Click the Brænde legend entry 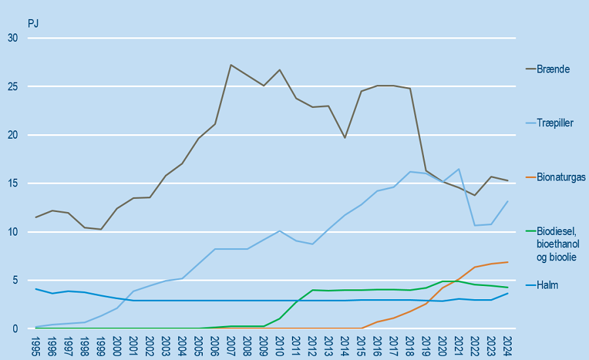point(551,69)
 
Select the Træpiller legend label point(554,123)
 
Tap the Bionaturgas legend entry point(561,177)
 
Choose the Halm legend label point(547,285)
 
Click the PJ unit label point(33,24)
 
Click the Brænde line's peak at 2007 point(231,65)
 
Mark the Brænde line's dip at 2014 point(345,137)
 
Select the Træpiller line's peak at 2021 point(459,169)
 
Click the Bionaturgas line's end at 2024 point(508,262)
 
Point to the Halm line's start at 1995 point(36,289)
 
